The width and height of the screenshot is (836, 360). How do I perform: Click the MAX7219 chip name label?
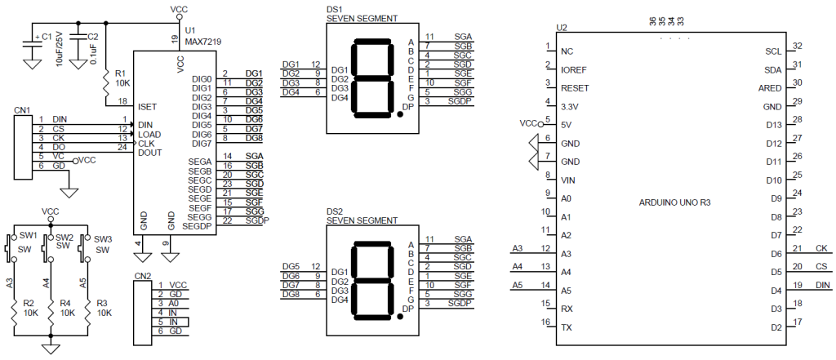click(202, 41)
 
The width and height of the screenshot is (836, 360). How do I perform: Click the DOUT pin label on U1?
click(150, 153)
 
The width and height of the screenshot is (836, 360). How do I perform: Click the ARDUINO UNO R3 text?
click(674, 202)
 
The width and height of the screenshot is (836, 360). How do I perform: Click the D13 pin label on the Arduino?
click(773, 125)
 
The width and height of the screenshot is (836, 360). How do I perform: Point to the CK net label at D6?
click(821, 248)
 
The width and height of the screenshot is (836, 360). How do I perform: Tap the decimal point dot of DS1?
click(400, 114)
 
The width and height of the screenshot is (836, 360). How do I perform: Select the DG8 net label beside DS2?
click(291, 294)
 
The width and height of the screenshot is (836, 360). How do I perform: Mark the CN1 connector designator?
click(22, 110)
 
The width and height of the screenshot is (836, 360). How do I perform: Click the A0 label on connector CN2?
click(175, 303)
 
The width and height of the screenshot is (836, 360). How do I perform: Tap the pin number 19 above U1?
click(175, 38)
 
